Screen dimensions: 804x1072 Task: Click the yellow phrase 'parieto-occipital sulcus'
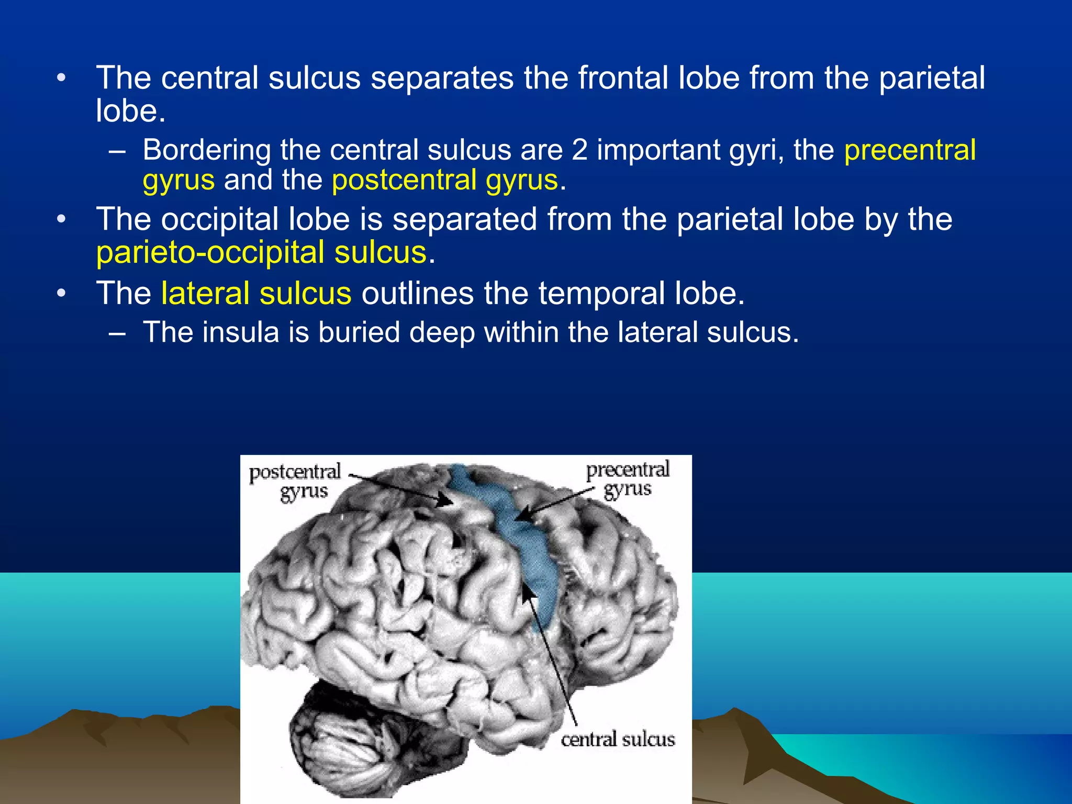tap(262, 253)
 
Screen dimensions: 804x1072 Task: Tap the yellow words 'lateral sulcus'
tap(256, 293)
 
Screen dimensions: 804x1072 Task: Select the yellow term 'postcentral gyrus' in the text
tap(445, 180)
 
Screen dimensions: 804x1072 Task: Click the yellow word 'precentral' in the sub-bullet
tap(910, 150)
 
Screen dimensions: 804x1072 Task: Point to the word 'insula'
tap(240, 332)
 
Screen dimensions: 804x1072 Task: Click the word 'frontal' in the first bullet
tap(623, 78)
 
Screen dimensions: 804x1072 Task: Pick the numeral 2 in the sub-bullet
tap(579, 150)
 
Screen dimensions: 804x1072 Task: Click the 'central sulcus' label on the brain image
tap(618, 739)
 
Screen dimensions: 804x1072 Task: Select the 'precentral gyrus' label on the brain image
tap(628, 479)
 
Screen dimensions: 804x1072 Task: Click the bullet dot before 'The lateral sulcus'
tap(62, 294)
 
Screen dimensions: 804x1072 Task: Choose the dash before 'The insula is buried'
tap(118, 333)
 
